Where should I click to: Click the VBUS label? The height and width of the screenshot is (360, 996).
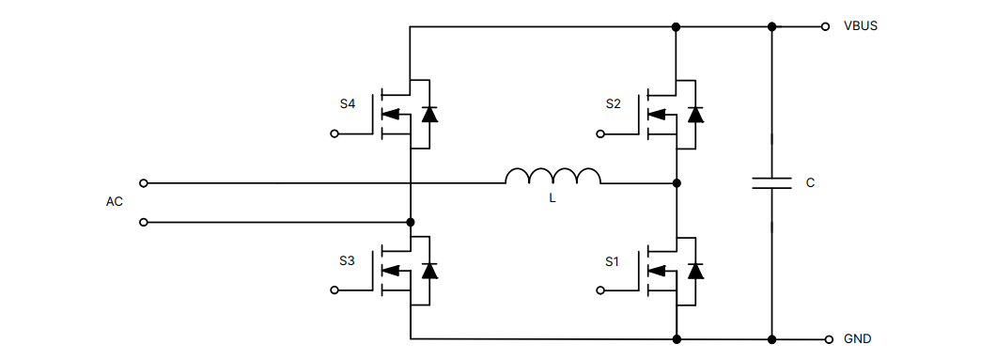[861, 26]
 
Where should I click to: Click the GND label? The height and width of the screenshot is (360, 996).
[858, 339]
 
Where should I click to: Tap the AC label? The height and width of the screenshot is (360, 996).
[115, 202]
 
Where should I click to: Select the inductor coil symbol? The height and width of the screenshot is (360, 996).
[552, 177]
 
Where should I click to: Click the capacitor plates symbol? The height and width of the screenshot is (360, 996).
[771, 182]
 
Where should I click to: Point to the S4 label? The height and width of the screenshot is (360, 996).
[348, 104]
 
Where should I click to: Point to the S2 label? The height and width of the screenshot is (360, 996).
[613, 104]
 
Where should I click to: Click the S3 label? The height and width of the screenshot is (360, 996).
[348, 260]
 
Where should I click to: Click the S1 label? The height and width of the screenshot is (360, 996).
[613, 260]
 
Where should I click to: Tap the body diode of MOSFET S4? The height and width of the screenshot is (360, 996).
[429, 115]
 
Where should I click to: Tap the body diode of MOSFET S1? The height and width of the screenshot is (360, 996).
[695, 271]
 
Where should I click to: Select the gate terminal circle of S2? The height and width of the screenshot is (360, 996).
[599, 134]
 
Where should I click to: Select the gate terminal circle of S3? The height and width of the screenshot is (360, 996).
[334, 290]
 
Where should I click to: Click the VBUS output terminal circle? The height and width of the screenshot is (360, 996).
[826, 26]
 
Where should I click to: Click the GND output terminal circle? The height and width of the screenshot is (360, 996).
[828, 339]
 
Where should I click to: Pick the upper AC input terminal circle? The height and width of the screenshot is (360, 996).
[143, 182]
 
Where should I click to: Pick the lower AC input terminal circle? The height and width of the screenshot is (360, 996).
[143, 222]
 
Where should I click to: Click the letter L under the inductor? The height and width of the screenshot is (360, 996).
[552, 199]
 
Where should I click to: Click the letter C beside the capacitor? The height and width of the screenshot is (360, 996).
[810, 182]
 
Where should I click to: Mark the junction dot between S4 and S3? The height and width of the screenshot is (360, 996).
[411, 222]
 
